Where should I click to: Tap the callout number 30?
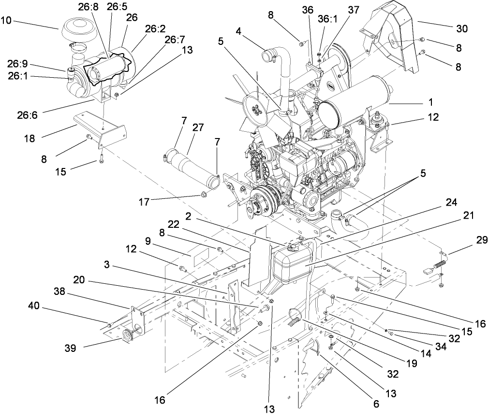[461, 29]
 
